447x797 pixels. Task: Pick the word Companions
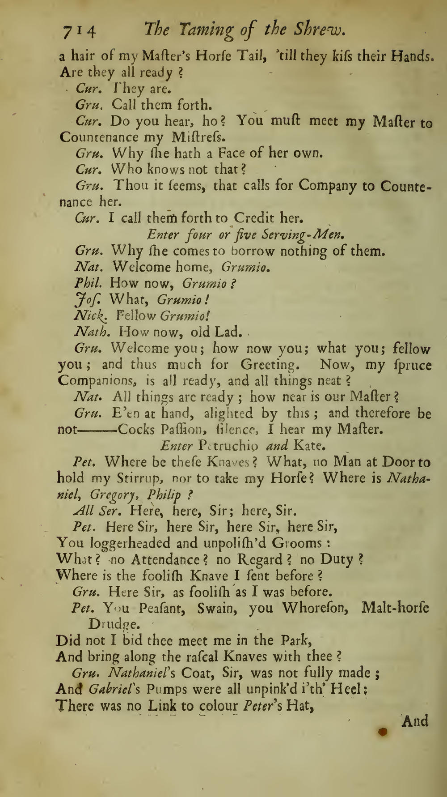pyautogui.click(x=97, y=381)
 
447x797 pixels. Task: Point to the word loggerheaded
pyautogui.click(x=129, y=543)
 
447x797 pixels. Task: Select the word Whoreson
pyautogui.click(x=314, y=608)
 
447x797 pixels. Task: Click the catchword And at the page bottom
pyautogui.click(x=415, y=721)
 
